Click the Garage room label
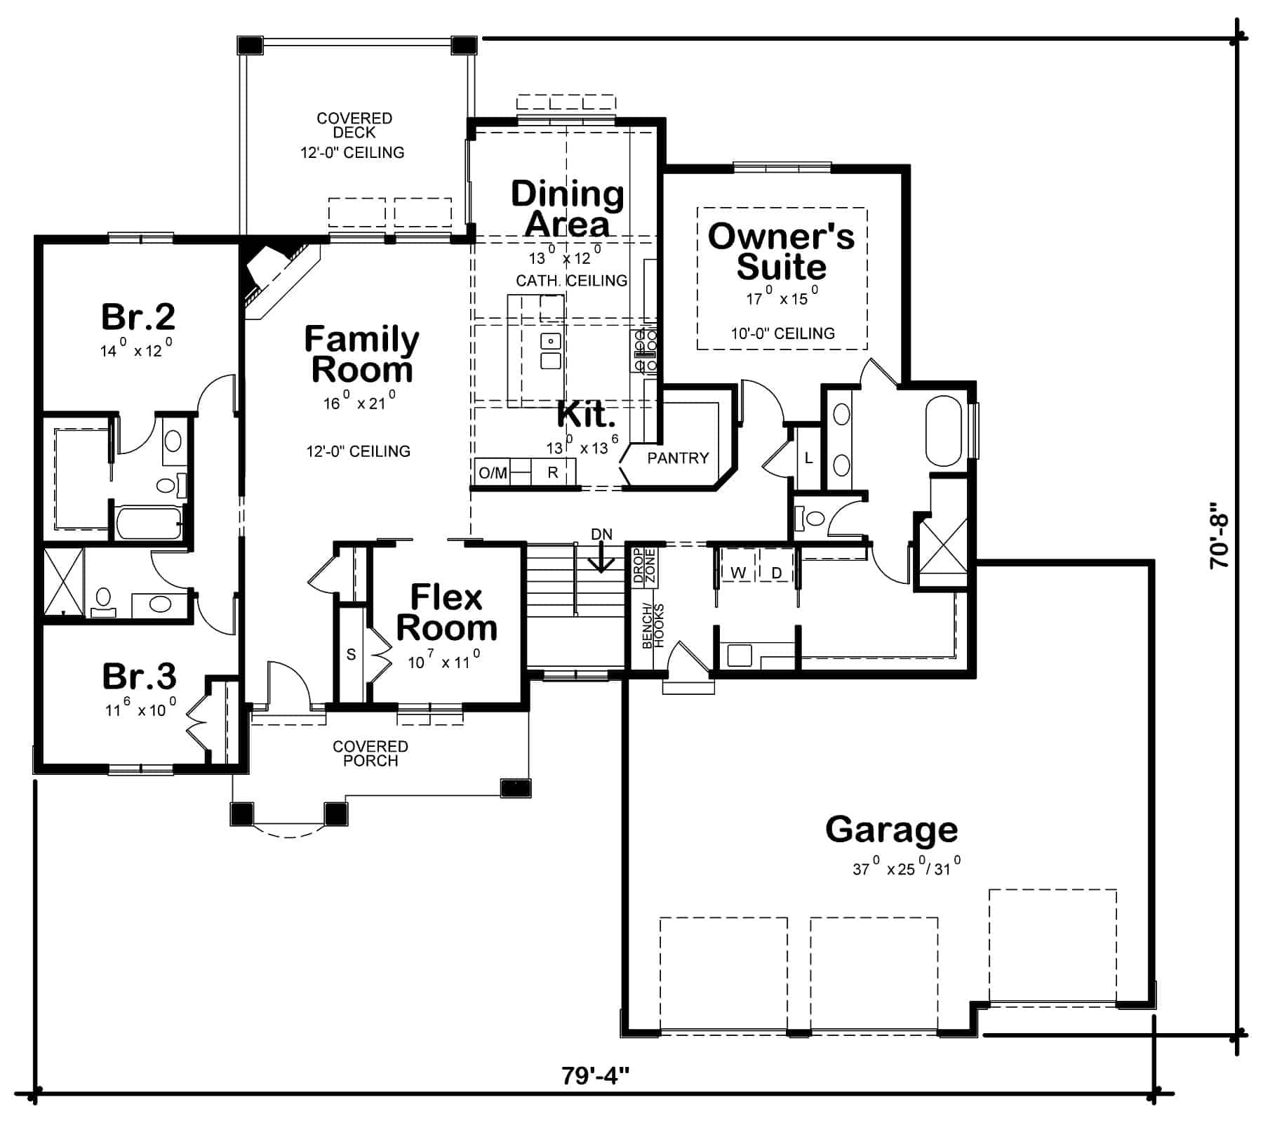click(891, 830)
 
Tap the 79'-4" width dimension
click(595, 1075)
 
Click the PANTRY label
click(678, 458)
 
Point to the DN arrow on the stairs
click(601, 558)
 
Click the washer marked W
click(738, 573)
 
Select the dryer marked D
click(777, 573)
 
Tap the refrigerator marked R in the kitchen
click(553, 472)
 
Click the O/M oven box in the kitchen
click(493, 472)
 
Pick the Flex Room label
click(447, 613)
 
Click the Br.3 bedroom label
click(139, 677)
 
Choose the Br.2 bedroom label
click(138, 317)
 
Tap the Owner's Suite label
click(781, 251)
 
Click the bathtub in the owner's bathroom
click(944, 432)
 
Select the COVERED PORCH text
click(370, 753)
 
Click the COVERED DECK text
click(354, 126)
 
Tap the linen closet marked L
click(808, 458)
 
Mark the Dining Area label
click(567, 208)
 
